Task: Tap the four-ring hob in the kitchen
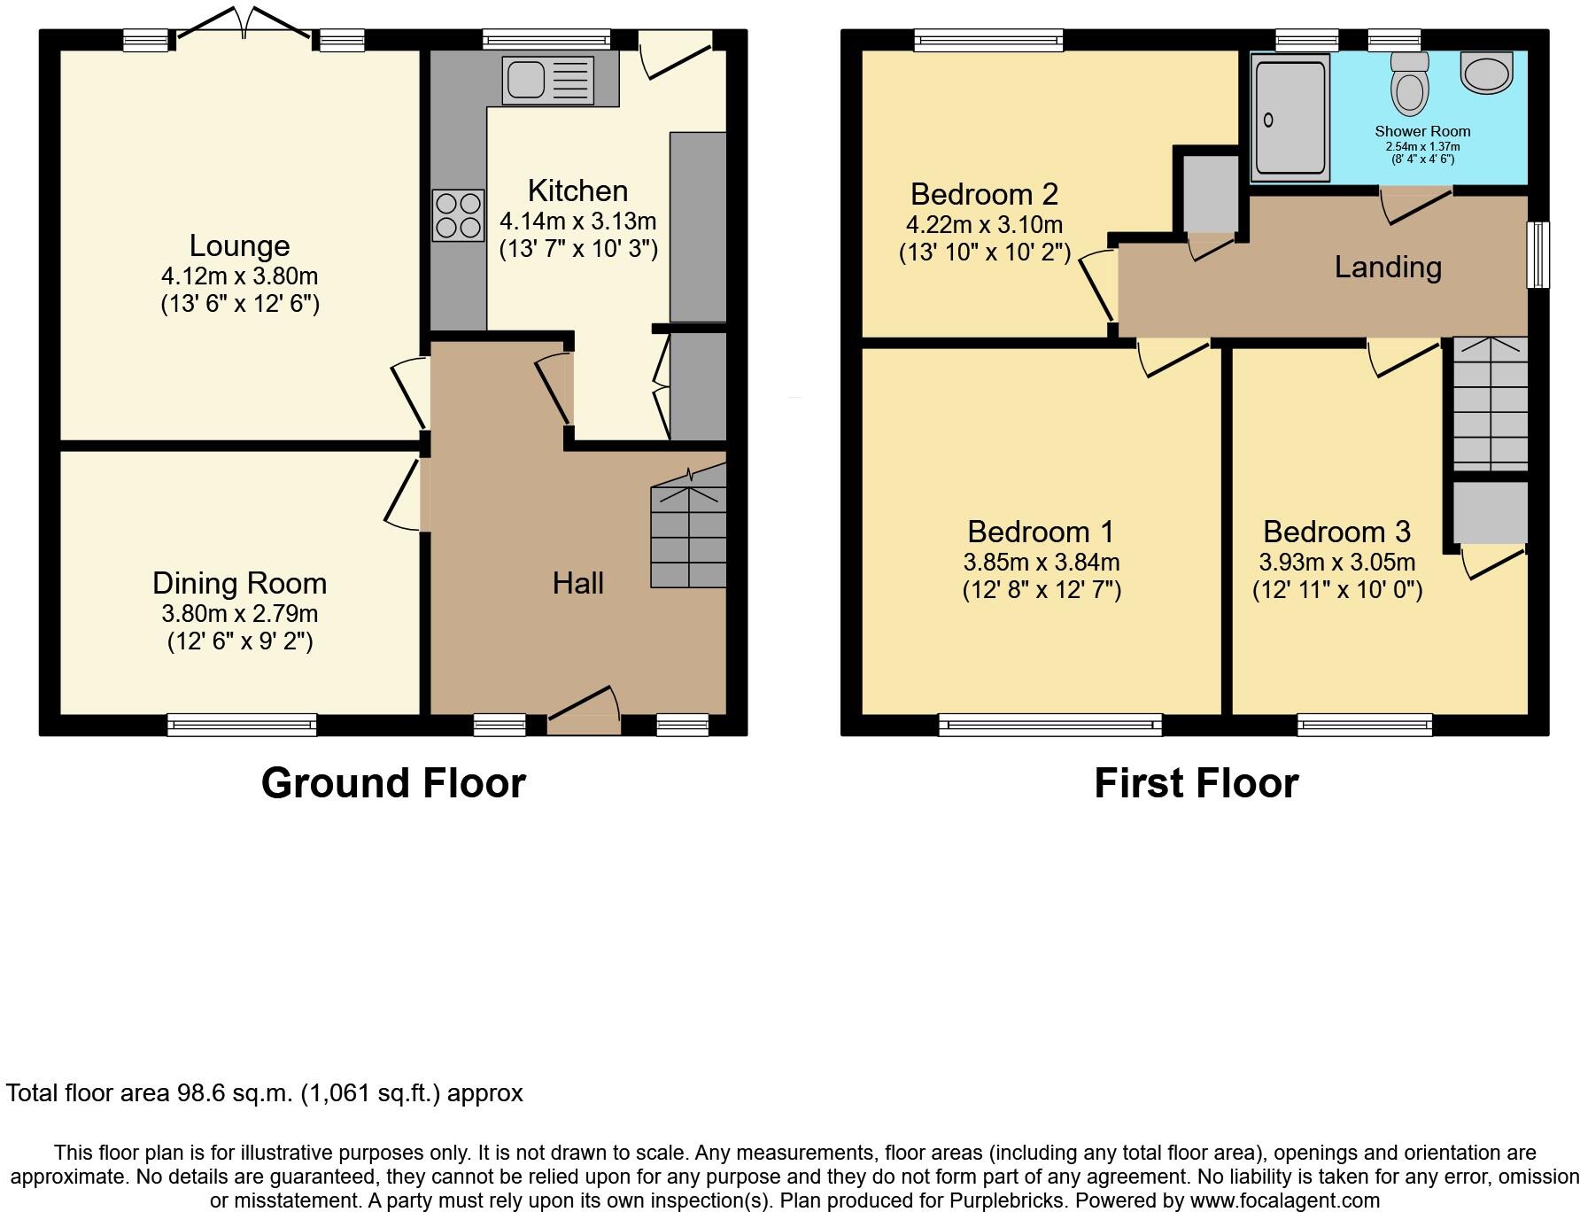point(458,215)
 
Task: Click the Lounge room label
point(239,245)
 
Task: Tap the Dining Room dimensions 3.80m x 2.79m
point(239,613)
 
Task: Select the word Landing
point(1388,267)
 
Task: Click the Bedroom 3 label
point(1336,532)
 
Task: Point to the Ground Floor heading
point(393,783)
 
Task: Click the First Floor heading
point(1196,783)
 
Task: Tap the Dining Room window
point(242,725)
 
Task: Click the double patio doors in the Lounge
point(244,27)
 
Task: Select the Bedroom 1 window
point(1049,725)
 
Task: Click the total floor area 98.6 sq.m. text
point(265,1093)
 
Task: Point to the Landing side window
point(1539,254)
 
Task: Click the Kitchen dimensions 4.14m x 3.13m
point(577,221)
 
